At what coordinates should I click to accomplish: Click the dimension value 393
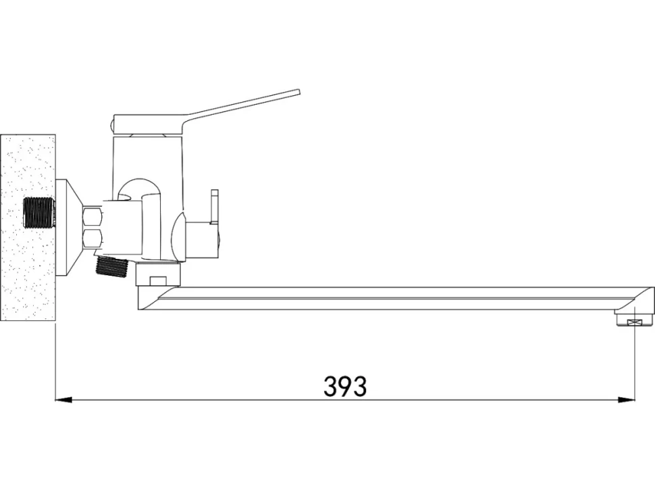(345, 386)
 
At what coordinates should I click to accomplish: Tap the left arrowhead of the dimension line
(64, 400)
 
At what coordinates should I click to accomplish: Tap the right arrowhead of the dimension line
(627, 400)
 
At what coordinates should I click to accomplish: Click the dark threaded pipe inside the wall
(38, 213)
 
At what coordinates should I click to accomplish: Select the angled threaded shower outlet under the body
(111, 266)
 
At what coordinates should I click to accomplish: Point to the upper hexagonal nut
(93, 216)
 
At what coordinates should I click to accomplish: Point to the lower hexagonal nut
(93, 238)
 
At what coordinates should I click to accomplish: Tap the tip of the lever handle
(299, 93)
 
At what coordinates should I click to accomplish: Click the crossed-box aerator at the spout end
(635, 322)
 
